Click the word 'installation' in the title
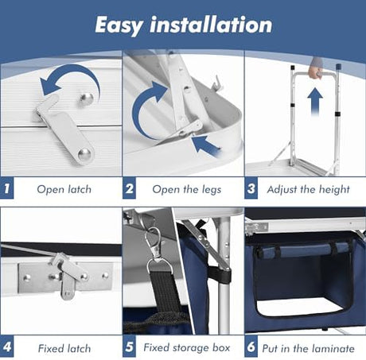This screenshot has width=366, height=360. tap(211, 25)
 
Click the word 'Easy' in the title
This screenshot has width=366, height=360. tap(119, 25)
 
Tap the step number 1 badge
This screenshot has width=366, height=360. tap(7, 188)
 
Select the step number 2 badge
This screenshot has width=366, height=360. tap(129, 188)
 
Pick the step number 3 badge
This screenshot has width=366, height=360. tap(251, 188)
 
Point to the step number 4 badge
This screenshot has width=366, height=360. tap(7, 346)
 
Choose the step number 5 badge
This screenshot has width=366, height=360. tap(129, 346)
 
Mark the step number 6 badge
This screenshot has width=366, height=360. tap(251, 346)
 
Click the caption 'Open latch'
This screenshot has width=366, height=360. tap(64, 189)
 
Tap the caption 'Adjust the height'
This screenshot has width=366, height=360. tap(309, 190)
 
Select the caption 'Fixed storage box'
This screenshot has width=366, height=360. tap(187, 347)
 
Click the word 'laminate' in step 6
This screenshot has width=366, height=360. tap(332, 348)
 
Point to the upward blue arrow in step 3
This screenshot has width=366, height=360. tap(315, 102)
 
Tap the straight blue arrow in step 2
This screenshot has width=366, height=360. tap(206, 146)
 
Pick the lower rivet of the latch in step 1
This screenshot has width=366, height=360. tap(84, 154)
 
